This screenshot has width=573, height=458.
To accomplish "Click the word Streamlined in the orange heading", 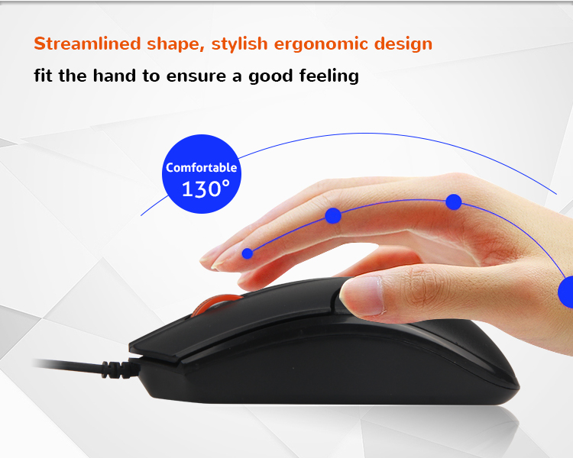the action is [x=87, y=44].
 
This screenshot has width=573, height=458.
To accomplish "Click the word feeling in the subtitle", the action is [x=329, y=76].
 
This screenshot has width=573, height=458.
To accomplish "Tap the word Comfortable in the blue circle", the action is [x=202, y=167].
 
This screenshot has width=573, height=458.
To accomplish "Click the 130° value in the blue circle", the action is [x=206, y=189].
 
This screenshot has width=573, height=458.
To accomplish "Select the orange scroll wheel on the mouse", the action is [x=216, y=304].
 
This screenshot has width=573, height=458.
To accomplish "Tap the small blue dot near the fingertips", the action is [x=248, y=253].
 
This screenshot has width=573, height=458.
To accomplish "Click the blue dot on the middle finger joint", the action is [x=333, y=215].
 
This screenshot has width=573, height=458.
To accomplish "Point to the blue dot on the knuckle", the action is [x=454, y=202].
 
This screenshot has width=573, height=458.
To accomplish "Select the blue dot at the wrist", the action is [x=566, y=292].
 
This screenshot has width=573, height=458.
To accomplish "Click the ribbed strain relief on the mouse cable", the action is [x=117, y=369].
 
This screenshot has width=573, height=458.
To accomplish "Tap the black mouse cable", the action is [x=70, y=364].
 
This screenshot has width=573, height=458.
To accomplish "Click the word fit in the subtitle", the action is [x=42, y=76].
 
